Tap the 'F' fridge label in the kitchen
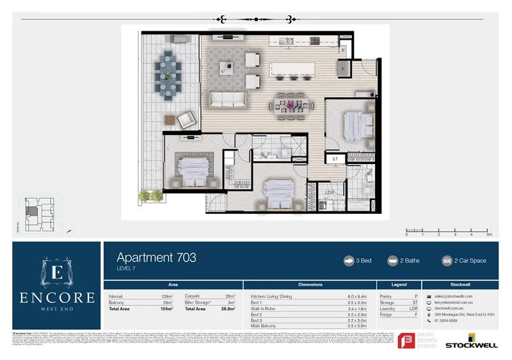(343, 67)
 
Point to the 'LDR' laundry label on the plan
(330, 192)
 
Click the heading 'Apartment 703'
(156, 258)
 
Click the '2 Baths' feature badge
(408, 261)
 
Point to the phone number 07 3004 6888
(448, 320)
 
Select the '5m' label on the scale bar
(488, 235)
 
